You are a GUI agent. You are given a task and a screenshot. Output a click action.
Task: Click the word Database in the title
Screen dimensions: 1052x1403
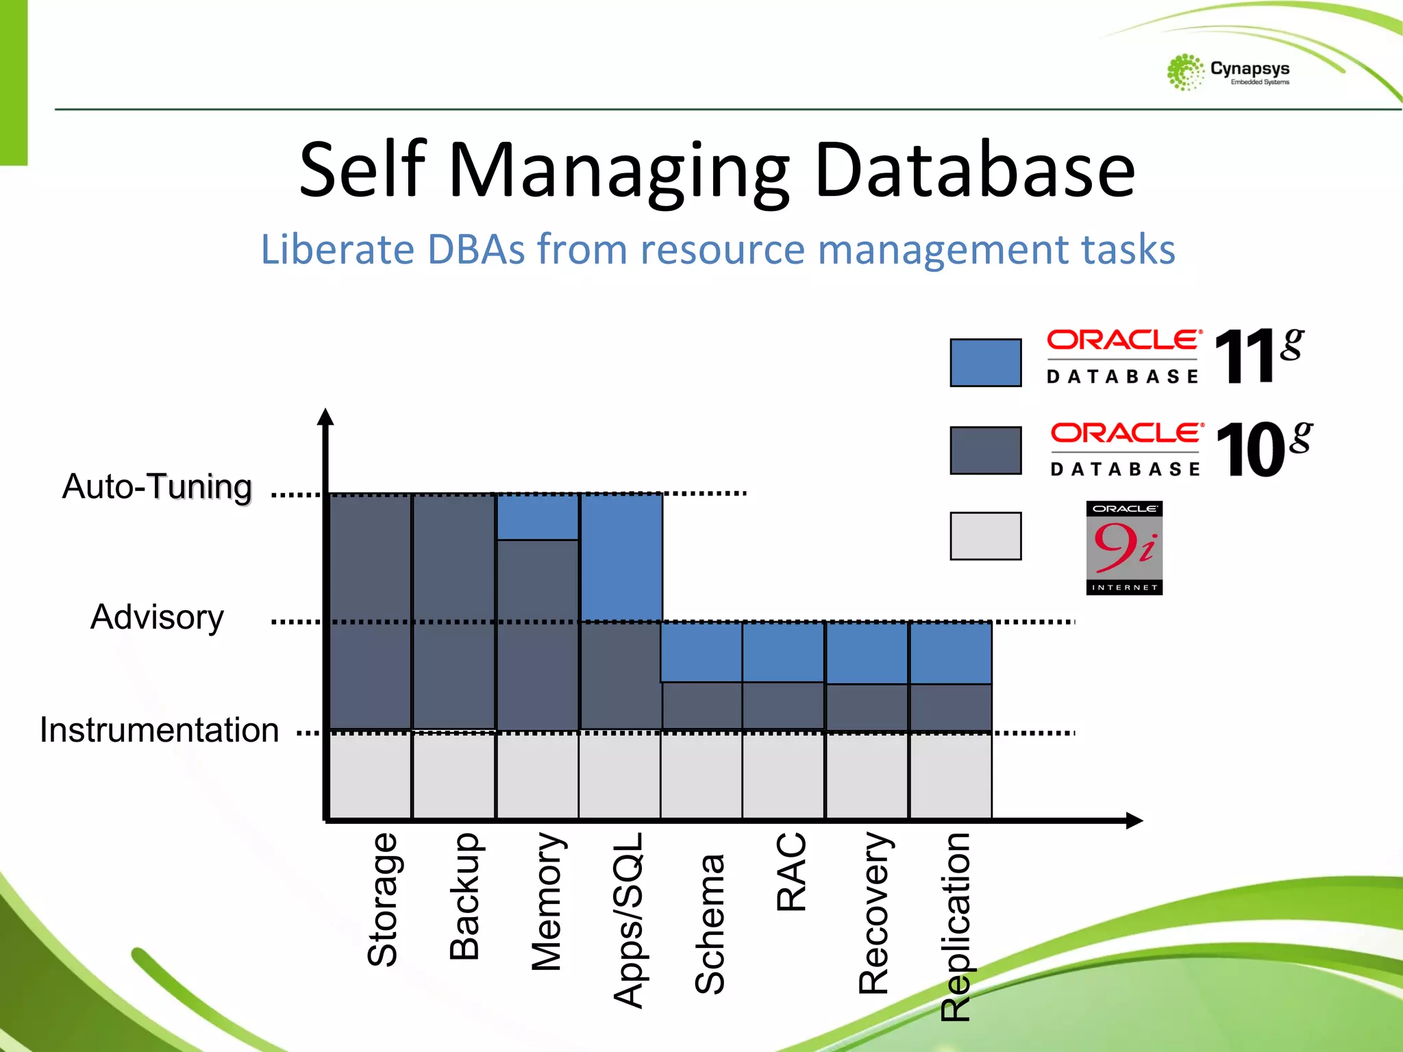point(974,170)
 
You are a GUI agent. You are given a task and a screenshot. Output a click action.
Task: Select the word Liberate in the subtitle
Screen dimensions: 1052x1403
point(337,249)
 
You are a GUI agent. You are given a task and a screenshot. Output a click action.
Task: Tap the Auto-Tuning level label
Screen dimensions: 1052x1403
point(157,487)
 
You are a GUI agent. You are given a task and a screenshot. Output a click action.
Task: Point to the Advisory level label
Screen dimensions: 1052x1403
point(157,617)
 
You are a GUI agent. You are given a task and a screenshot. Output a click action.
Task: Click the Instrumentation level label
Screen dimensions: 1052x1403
point(159,730)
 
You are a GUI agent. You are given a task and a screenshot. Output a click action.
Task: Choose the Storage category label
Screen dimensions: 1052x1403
point(382,899)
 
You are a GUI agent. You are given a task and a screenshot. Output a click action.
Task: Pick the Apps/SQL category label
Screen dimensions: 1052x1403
point(628,920)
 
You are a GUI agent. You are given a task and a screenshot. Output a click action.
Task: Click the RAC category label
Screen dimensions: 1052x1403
point(791,872)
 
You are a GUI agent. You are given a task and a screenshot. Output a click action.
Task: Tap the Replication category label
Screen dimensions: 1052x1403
point(956,927)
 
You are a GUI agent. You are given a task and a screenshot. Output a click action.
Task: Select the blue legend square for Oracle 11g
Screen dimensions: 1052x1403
point(985,362)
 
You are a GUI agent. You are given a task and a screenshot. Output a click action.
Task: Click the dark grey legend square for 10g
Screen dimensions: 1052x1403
point(985,450)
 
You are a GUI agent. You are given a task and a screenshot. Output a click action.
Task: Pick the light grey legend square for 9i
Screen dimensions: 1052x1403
point(985,536)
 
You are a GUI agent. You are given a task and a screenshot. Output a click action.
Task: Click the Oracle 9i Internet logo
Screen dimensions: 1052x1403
point(1124,548)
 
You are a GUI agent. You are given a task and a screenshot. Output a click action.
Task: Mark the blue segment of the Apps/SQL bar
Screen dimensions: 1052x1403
point(621,557)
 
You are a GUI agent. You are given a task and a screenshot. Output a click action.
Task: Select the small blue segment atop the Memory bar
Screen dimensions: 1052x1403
point(538,516)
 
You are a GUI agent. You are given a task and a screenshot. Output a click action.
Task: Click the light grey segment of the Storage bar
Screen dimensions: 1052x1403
point(371,775)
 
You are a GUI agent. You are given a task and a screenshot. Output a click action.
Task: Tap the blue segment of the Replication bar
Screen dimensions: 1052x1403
point(951,653)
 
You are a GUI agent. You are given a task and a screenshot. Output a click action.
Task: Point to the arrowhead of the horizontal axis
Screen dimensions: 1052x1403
point(1134,821)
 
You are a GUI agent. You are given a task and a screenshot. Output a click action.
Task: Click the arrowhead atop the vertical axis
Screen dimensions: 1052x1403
point(326,416)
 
